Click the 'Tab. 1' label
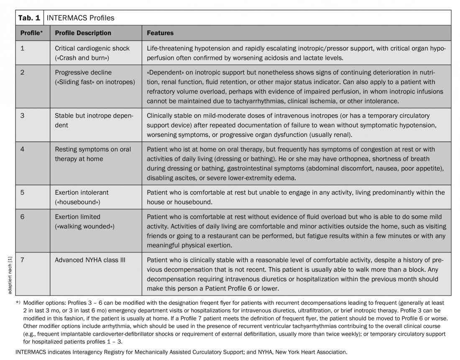pos(29,18)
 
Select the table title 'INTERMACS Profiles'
pos(80,18)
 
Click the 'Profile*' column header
pos(32,33)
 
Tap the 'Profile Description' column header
pos(83,33)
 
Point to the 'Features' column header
pos(160,33)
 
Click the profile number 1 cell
pos(23,48)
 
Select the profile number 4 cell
pos(23,149)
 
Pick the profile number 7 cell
pos(23,260)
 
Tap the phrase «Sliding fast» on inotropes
pos(95,82)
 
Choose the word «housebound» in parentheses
pos(78,202)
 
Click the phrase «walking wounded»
pos(84,226)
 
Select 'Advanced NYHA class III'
pos(90,260)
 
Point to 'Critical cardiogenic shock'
pos(92,48)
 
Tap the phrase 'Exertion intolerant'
pos(82,193)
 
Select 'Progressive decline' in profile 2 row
pos(83,72)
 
